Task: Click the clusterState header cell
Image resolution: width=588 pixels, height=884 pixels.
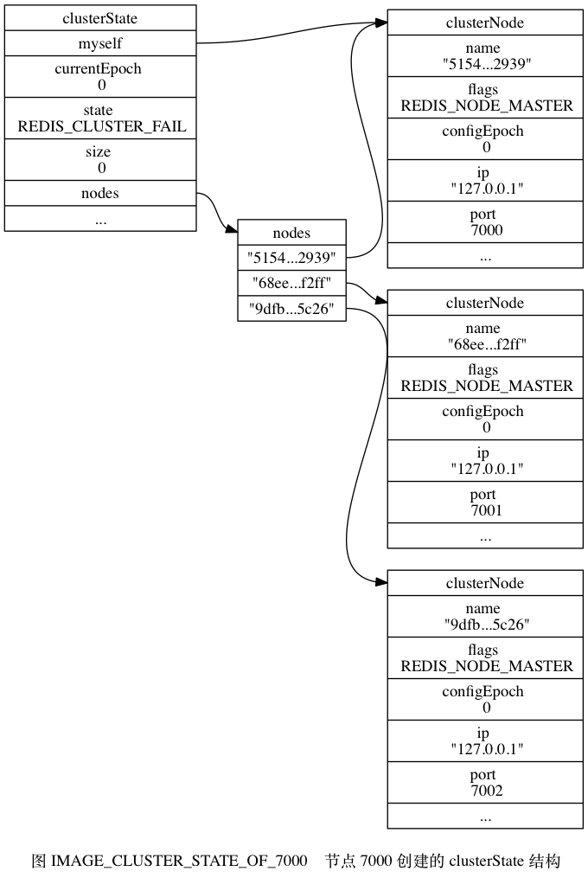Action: tap(100, 17)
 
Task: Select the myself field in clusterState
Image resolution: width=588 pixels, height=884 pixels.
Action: tap(100, 42)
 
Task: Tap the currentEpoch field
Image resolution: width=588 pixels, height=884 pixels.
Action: tap(100, 76)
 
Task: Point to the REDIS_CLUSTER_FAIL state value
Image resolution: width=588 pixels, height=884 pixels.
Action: tap(101, 126)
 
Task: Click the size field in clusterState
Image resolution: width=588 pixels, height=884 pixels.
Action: tap(100, 159)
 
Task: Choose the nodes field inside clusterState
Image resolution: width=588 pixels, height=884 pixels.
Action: tap(100, 193)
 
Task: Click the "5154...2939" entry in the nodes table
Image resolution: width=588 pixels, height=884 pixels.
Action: tap(291, 257)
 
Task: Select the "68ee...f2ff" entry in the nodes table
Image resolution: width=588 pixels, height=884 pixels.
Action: tap(291, 283)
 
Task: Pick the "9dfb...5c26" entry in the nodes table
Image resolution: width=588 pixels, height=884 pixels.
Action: tap(291, 309)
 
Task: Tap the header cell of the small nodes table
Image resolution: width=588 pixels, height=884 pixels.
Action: tap(291, 233)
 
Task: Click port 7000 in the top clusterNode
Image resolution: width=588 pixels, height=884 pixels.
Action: tap(485, 222)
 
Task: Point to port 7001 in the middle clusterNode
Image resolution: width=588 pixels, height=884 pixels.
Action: tap(485, 503)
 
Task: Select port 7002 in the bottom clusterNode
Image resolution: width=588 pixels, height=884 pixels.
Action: tap(485, 783)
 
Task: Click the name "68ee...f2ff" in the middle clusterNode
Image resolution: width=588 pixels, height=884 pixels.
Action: tap(485, 336)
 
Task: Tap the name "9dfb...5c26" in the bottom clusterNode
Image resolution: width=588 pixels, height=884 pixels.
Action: tap(485, 616)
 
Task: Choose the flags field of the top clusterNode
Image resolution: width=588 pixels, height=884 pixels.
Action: tap(485, 98)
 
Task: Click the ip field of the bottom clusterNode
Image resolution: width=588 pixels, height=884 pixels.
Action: tap(485, 741)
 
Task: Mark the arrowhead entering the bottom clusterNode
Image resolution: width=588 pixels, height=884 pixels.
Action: tap(381, 583)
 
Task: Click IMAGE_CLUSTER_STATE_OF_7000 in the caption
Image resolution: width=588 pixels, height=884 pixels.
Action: tap(179, 862)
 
